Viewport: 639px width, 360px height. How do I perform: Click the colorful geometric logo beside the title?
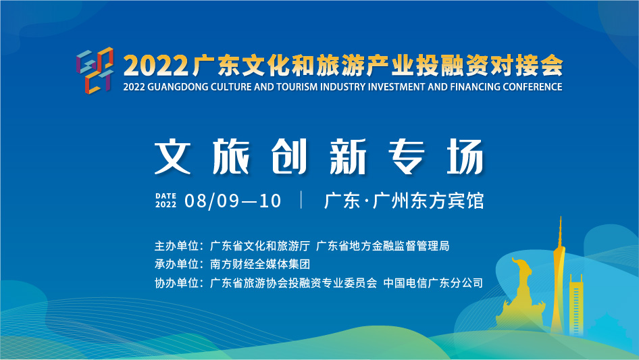coord(95,70)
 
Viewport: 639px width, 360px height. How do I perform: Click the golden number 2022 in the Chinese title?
coord(156,66)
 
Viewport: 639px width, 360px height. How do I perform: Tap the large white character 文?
coord(173,157)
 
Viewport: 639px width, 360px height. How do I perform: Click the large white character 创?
coord(289,157)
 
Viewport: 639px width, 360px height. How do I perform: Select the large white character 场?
coord(465,157)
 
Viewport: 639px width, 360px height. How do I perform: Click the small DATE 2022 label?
coord(166,200)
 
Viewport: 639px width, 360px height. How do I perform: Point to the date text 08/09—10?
coord(232,201)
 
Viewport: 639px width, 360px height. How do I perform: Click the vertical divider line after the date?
coord(301,200)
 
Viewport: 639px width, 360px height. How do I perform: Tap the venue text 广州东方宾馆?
coord(428,201)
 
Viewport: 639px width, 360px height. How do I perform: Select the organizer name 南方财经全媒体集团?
coord(260,264)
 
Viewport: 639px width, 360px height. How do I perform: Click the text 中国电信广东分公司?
coord(433,283)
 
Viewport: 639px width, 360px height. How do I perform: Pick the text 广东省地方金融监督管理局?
coord(383,246)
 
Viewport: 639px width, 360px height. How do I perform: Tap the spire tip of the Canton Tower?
coord(561,217)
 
